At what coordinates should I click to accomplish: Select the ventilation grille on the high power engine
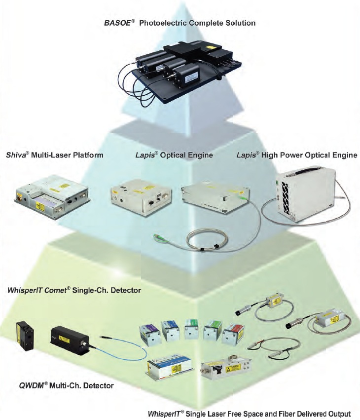[283, 195]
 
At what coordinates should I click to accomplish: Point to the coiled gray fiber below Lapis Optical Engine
[207, 242]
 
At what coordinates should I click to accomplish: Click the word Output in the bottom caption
[338, 413]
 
